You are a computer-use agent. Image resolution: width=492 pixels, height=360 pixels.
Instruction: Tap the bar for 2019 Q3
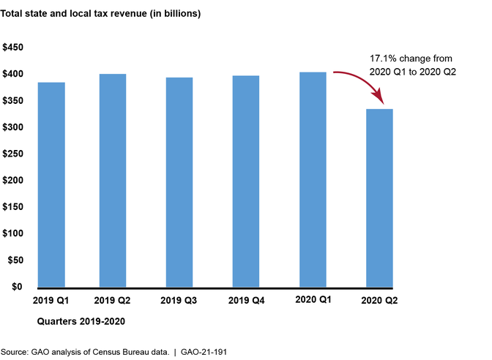pyautogui.click(x=179, y=182)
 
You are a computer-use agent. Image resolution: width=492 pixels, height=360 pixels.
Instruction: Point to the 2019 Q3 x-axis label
pyautogui.click(x=179, y=300)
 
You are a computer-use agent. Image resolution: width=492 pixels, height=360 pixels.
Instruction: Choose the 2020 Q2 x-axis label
pyautogui.click(x=379, y=300)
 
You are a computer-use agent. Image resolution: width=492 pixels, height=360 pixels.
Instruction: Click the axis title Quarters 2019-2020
pyautogui.click(x=80, y=320)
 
